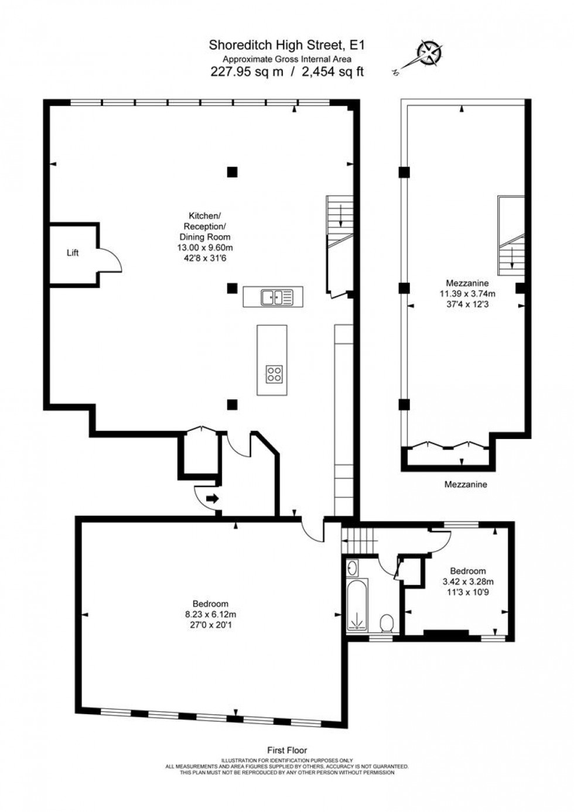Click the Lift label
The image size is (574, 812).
click(73, 253)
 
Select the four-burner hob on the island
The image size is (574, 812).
click(274, 374)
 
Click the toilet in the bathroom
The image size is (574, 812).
click(387, 623)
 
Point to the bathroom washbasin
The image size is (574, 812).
click(352, 567)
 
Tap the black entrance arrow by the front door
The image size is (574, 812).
click(212, 499)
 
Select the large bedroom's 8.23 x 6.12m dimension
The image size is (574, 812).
click(210, 614)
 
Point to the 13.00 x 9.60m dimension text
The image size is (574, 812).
click(204, 248)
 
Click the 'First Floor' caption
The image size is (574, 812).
click(287, 750)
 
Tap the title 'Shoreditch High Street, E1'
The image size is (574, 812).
click(287, 44)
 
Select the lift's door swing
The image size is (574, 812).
click(110, 259)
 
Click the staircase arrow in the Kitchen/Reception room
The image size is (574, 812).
click(340, 218)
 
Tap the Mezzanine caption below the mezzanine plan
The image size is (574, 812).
click(466, 484)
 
